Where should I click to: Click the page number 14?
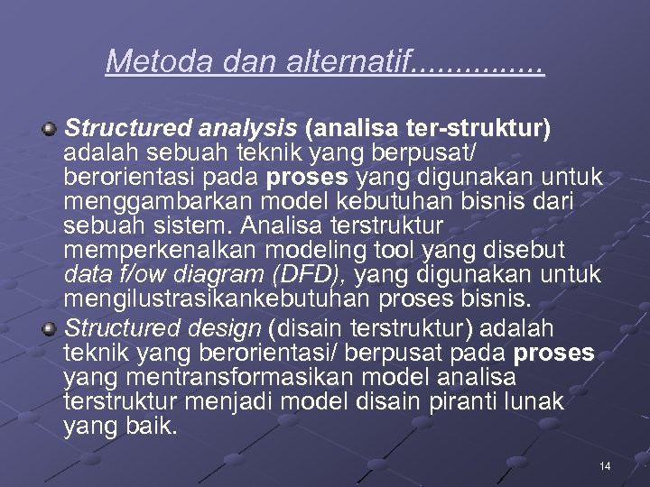click(x=605, y=465)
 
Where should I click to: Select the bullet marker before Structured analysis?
click(x=51, y=130)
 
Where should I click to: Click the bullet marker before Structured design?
click(x=51, y=326)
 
